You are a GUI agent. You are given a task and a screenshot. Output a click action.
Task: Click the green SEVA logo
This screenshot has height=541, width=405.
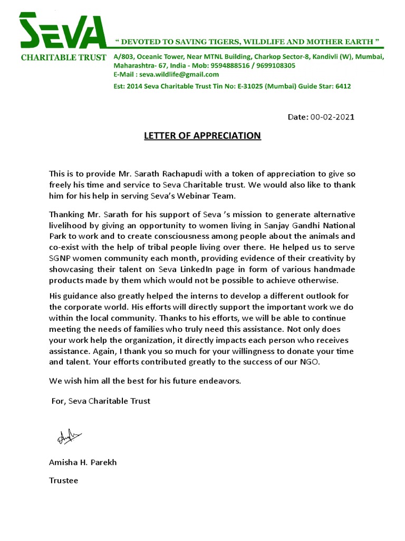pos(62,31)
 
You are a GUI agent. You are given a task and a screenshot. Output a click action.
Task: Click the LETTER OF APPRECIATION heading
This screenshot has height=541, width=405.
pos(202,136)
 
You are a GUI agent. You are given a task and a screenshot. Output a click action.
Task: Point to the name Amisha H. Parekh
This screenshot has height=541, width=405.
pos(83,462)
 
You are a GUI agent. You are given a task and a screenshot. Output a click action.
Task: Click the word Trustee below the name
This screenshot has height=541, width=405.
pos(63,481)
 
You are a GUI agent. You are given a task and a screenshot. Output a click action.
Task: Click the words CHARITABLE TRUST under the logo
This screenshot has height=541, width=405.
pos(63,57)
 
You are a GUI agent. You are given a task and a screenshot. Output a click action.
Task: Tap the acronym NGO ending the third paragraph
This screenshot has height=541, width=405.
pos(310,362)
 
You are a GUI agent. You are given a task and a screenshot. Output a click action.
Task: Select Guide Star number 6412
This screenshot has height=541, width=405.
pos(343,86)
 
